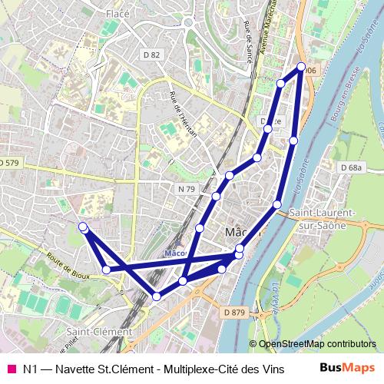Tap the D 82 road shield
click(x=152, y=55)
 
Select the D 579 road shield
click(x=9, y=163)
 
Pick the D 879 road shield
click(x=235, y=312)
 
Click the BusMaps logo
click(x=346, y=368)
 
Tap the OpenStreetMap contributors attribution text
click(x=318, y=344)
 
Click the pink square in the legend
click(x=11, y=369)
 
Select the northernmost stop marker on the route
click(x=301, y=67)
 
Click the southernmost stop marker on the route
click(x=157, y=296)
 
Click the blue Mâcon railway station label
click(x=176, y=253)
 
